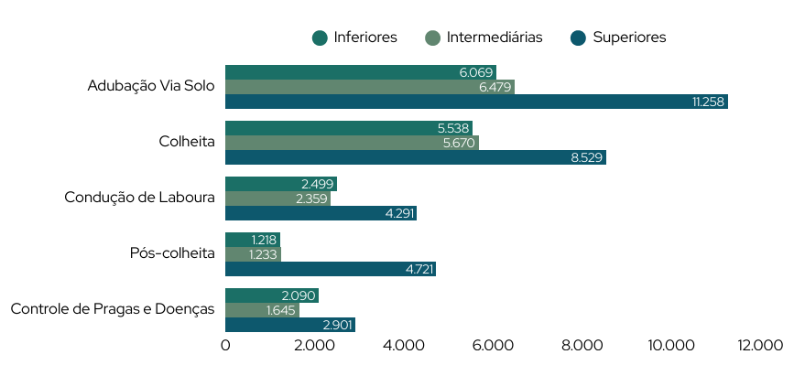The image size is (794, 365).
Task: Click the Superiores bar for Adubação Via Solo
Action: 476,102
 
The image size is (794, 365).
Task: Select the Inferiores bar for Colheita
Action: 348,128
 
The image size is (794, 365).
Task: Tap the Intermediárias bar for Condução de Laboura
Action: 277,199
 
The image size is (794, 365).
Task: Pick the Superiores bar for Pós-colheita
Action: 330,269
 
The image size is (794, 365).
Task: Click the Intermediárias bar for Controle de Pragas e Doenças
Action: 262,310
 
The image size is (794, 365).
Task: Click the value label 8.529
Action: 586,157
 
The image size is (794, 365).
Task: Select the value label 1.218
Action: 264,240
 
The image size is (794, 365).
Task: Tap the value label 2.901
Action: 336,325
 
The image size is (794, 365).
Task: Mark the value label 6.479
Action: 495,87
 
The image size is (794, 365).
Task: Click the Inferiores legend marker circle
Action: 320,38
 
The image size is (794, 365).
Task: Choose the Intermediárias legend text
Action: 495,38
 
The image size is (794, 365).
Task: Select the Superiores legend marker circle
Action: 578,38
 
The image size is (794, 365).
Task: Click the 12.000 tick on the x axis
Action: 761,345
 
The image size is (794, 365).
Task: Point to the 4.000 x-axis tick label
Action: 404,345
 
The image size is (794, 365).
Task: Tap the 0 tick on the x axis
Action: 225,345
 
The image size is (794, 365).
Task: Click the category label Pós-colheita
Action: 172,253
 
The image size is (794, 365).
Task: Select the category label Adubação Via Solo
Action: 151,86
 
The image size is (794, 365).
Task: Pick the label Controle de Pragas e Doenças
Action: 113,309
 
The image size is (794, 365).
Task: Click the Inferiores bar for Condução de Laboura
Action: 281,184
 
